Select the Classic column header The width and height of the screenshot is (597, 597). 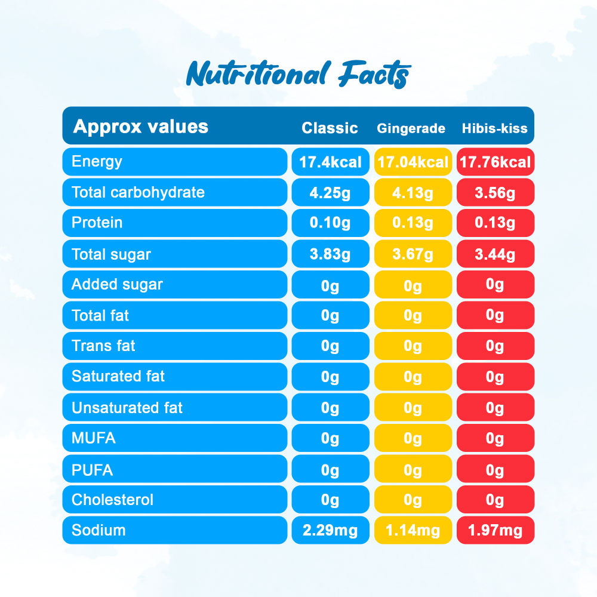(330, 128)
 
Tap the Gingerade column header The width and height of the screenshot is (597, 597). (411, 128)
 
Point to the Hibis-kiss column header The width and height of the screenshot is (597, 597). (495, 128)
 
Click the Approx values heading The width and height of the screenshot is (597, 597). (140, 127)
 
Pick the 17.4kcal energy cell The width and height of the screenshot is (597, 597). (330, 162)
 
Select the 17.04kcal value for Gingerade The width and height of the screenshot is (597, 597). (413, 162)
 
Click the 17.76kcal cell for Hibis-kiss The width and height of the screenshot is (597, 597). (495, 162)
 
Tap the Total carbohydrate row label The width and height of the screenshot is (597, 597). (138, 192)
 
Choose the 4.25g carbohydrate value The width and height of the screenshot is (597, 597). (330, 193)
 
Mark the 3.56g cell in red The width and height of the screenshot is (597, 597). (495, 193)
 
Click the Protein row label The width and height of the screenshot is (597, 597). (97, 223)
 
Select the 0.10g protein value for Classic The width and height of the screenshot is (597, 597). (330, 223)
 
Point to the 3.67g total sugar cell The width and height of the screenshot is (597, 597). (413, 254)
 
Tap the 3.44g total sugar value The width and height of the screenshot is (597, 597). (495, 254)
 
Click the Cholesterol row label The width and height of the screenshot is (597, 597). (112, 500)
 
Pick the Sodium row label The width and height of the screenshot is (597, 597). (99, 530)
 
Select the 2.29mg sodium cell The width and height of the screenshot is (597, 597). (330, 531)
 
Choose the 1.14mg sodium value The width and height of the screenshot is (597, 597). (413, 531)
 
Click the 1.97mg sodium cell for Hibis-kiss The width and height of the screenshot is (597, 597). (495, 531)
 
